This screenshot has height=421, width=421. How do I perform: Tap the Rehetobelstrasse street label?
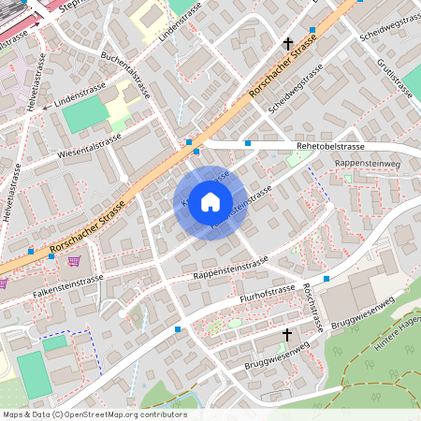tap(303, 145)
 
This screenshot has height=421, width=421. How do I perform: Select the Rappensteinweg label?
tap(366, 164)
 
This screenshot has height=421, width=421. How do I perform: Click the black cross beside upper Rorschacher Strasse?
tap(289, 44)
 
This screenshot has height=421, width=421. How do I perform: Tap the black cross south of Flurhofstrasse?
tap(287, 333)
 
